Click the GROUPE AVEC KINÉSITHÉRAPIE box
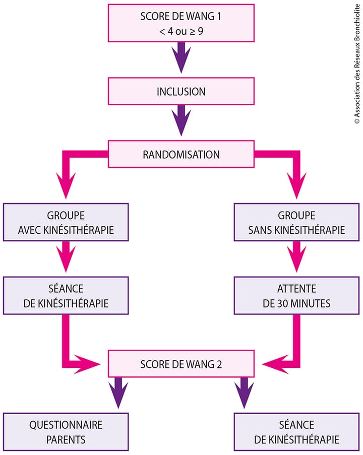pyautogui.click(x=65, y=223)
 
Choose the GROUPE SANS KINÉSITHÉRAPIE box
pyautogui.click(x=296, y=223)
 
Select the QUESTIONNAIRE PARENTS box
pyautogui.click(x=65, y=432)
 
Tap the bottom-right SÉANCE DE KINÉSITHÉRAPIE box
pyautogui.click(x=296, y=432)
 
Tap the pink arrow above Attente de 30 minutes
pyautogui.click(x=296, y=257)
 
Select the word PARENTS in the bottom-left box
pyautogui.click(x=65, y=439)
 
